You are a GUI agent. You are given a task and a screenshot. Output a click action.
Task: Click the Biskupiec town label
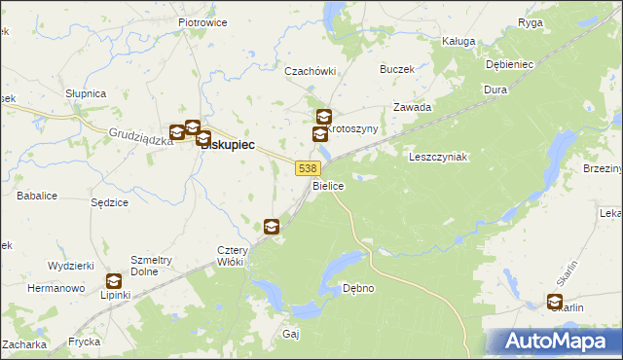(x=229, y=144)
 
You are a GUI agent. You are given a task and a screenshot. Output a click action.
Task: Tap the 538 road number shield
(x=305, y=168)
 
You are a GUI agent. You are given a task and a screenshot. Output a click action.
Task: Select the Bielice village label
(x=328, y=185)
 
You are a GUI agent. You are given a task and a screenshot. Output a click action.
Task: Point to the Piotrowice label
(x=202, y=21)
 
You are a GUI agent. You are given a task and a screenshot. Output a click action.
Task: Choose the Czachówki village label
(x=310, y=71)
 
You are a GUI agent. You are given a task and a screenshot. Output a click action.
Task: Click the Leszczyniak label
(x=438, y=157)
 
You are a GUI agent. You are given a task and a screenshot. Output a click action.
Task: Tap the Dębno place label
(x=358, y=289)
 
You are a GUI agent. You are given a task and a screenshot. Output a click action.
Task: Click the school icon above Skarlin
(x=555, y=302)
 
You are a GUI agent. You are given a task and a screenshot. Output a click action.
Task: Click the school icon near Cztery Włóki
(x=272, y=227)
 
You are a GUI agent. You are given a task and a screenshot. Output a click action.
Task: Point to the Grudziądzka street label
(x=140, y=135)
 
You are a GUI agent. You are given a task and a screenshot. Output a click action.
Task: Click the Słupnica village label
(x=86, y=93)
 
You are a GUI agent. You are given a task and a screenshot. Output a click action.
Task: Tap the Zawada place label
(x=412, y=107)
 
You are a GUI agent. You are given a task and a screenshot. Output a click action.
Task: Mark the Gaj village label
(x=290, y=334)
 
